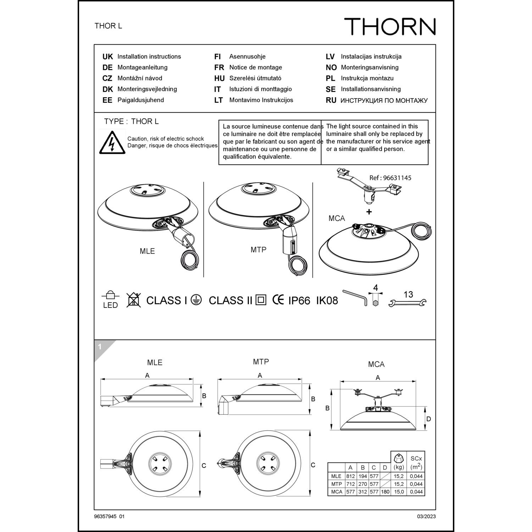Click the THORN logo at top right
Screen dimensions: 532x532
[x=390, y=27]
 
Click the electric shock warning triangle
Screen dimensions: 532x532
[x=112, y=143]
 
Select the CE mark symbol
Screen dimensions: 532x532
[x=278, y=300]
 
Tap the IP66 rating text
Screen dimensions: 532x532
[x=299, y=301]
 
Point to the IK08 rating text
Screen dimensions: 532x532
[x=327, y=301]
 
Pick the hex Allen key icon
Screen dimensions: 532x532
[x=355, y=297]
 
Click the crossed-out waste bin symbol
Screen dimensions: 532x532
[x=133, y=300]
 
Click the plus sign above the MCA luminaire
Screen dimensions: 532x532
[x=369, y=212]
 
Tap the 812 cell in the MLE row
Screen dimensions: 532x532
[x=350, y=476]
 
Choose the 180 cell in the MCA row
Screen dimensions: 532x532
[x=385, y=492]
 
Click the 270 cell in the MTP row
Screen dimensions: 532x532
[x=362, y=484]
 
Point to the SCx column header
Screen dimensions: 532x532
[x=416, y=462]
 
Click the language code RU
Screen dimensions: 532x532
[x=331, y=100]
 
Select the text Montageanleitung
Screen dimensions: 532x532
[x=142, y=67]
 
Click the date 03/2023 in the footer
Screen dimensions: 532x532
[x=426, y=516]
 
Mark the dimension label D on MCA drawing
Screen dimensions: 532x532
[x=428, y=419]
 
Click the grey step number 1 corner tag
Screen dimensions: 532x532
[x=100, y=347]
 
